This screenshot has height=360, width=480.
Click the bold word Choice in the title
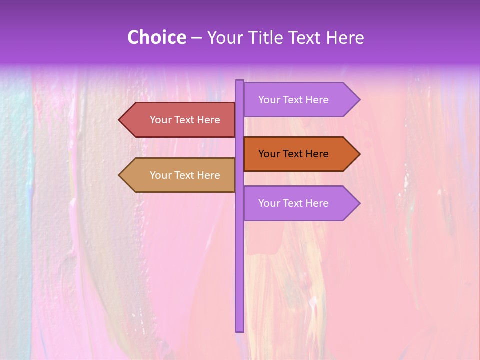click(156, 37)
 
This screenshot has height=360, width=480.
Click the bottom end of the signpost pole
click(240, 330)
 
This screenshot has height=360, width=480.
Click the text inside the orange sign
click(293, 154)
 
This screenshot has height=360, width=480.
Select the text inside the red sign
click(185, 120)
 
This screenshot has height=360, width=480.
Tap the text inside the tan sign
click(185, 175)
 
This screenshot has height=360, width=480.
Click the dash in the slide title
click(196, 38)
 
